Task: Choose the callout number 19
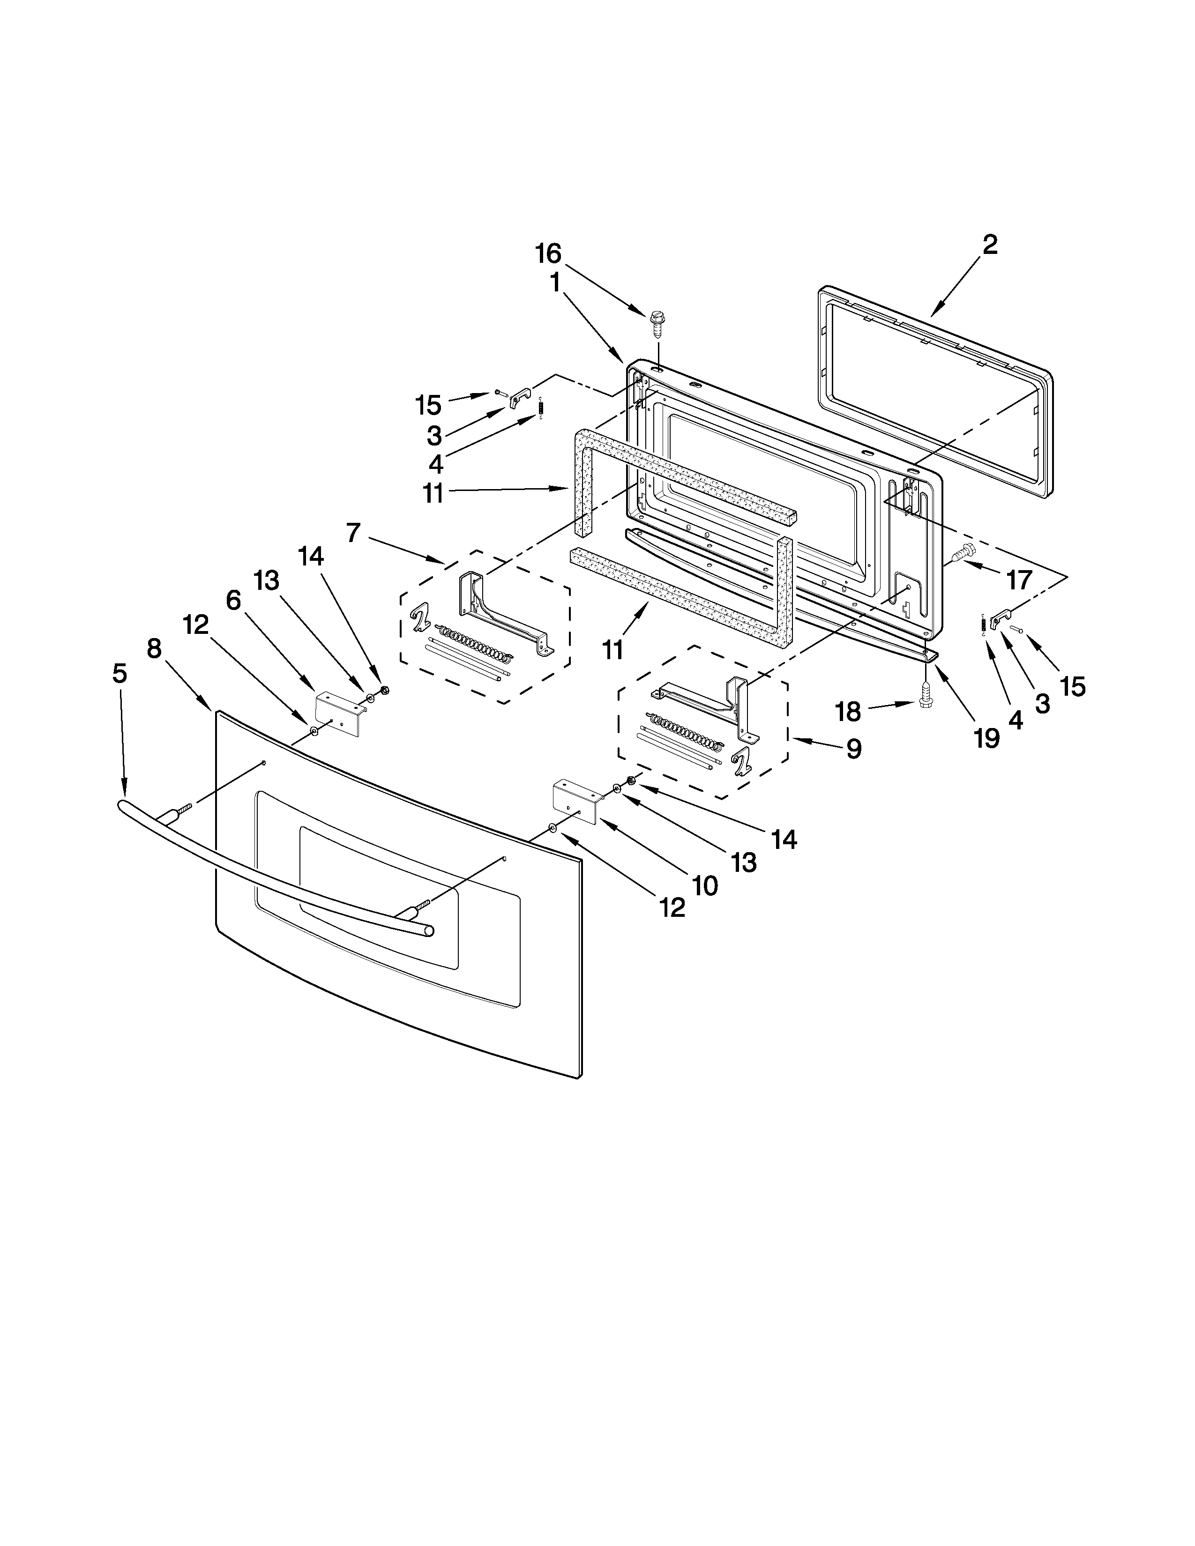pyautogui.click(x=986, y=738)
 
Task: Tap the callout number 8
pyautogui.click(x=154, y=648)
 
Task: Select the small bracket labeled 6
pyautogui.click(x=339, y=714)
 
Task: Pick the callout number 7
pyautogui.click(x=354, y=532)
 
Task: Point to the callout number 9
pyautogui.click(x=854, y=748)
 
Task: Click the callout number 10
pyautogui.click(x=705, y=885)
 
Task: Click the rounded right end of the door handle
pyautogui.click(x=427, y=931)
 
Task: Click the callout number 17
pyautogui.click(x=1019, y=580)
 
